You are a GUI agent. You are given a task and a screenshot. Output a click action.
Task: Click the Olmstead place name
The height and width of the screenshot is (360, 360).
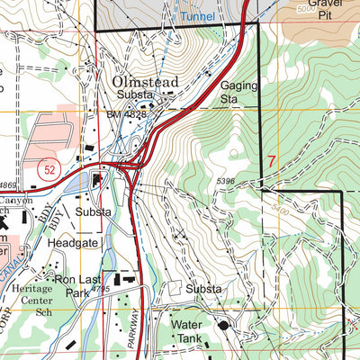[x=146, y=82]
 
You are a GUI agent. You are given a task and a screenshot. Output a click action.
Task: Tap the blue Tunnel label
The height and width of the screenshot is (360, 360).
[x=196, y=16]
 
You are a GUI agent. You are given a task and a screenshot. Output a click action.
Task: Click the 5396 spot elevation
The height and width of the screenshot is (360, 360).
[x=230, y=182]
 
